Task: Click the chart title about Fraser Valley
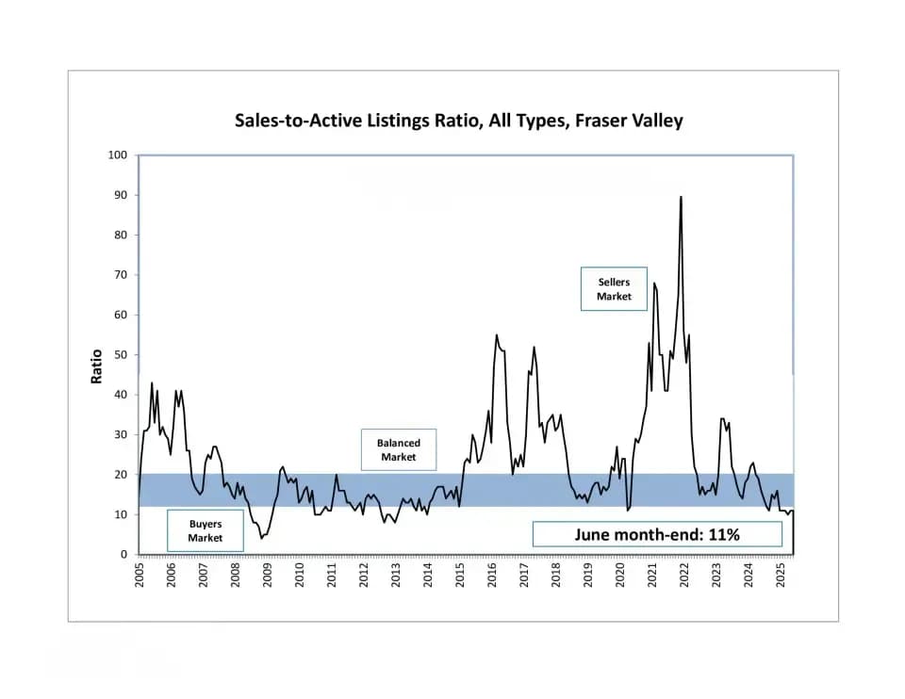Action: point(458,121)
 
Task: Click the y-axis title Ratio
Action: point(96,367)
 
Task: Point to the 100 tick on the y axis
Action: point(118,154)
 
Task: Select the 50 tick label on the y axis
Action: point(121,355)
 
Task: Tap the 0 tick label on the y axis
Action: point(123,555)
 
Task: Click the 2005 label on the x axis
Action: point(140,575)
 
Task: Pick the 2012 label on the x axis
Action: point(364,575)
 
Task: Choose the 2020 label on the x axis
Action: point(620,575)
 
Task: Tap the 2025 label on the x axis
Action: point(781,575)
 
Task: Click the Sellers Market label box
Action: point(613,289)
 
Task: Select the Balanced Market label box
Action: point(399,450)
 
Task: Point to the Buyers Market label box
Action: point(205,530)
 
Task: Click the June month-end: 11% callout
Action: point(657,535)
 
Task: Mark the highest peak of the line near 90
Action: point(681,197)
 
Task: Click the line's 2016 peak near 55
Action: point(497,334)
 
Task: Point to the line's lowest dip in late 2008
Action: point(262,538)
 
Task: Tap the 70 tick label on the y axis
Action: point(121,275)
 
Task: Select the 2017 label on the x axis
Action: point(524,575)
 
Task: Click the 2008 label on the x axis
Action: point(236,575)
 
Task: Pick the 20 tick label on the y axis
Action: point(121,475)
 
